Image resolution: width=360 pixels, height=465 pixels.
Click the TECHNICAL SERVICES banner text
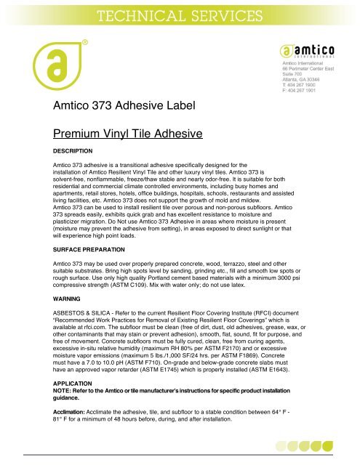coord(179,14)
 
